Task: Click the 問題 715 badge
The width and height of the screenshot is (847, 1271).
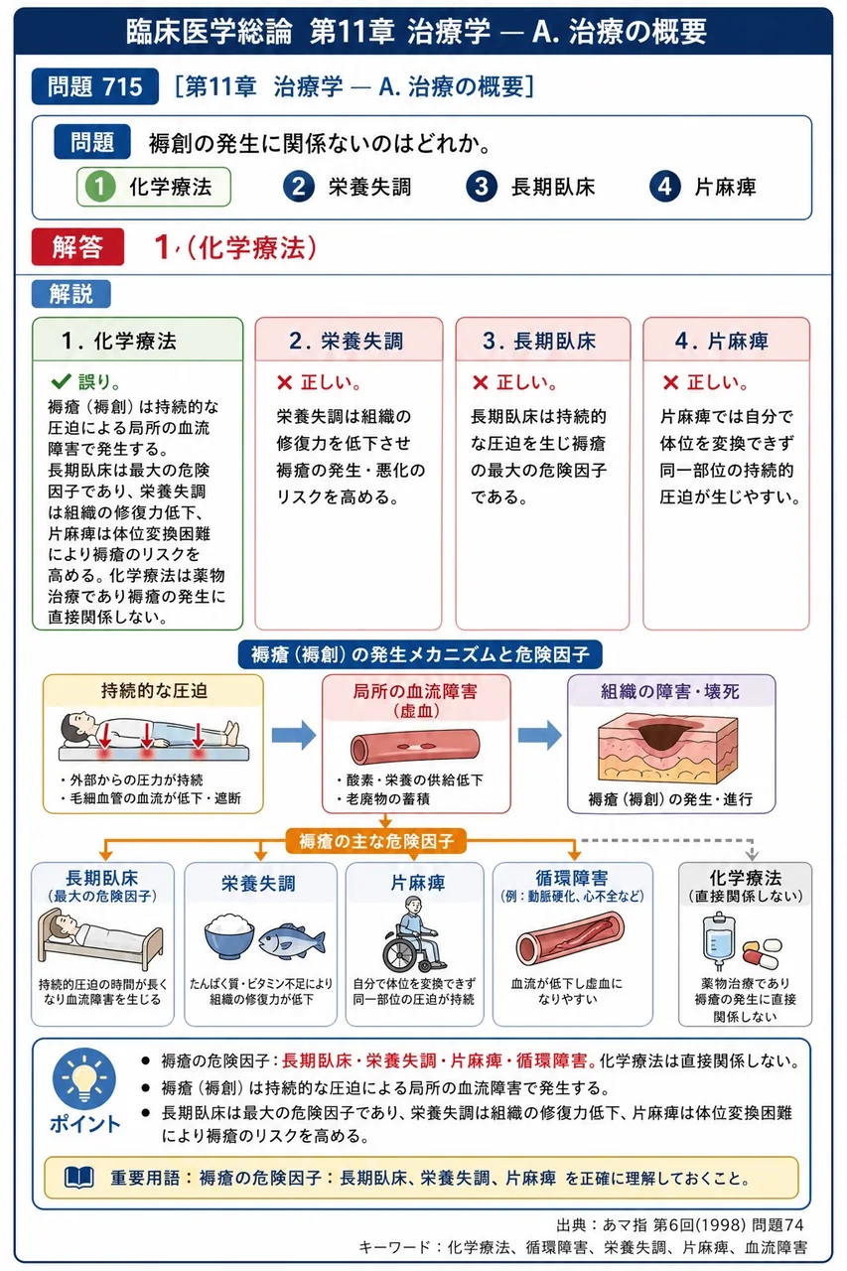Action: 94,86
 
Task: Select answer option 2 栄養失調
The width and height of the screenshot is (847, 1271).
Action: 348,187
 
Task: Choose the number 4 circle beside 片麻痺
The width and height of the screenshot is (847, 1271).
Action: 665,187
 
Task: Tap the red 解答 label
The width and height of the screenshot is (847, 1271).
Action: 77,247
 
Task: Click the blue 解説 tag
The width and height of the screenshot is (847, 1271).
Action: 71,294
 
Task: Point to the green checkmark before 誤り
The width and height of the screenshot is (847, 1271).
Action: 61,381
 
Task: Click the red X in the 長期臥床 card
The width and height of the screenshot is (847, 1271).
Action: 480,382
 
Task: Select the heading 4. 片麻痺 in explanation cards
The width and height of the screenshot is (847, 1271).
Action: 721,341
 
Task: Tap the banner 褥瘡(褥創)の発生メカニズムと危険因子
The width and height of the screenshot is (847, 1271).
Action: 420,654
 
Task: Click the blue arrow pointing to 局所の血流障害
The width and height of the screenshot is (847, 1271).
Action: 293,735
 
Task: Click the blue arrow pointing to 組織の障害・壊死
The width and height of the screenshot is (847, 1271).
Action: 539,735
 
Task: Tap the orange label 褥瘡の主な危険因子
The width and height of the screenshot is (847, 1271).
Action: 375,840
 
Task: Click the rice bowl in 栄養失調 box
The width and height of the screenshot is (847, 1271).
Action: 228,935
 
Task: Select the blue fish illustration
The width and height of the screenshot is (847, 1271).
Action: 292,940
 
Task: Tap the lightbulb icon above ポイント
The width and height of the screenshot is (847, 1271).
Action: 84,1079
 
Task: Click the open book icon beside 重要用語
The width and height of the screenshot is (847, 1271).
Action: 79,1178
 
